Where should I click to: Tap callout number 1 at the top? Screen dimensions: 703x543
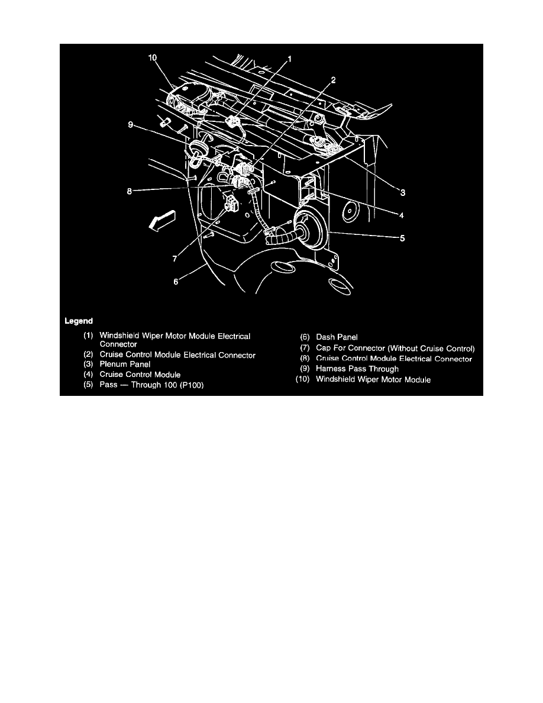tap(290, 59)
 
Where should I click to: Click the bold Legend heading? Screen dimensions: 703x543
tap(79, 321)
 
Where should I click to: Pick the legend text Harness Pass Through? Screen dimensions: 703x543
tap(357, 369)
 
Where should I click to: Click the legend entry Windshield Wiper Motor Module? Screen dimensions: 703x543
tap(373, 379)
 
